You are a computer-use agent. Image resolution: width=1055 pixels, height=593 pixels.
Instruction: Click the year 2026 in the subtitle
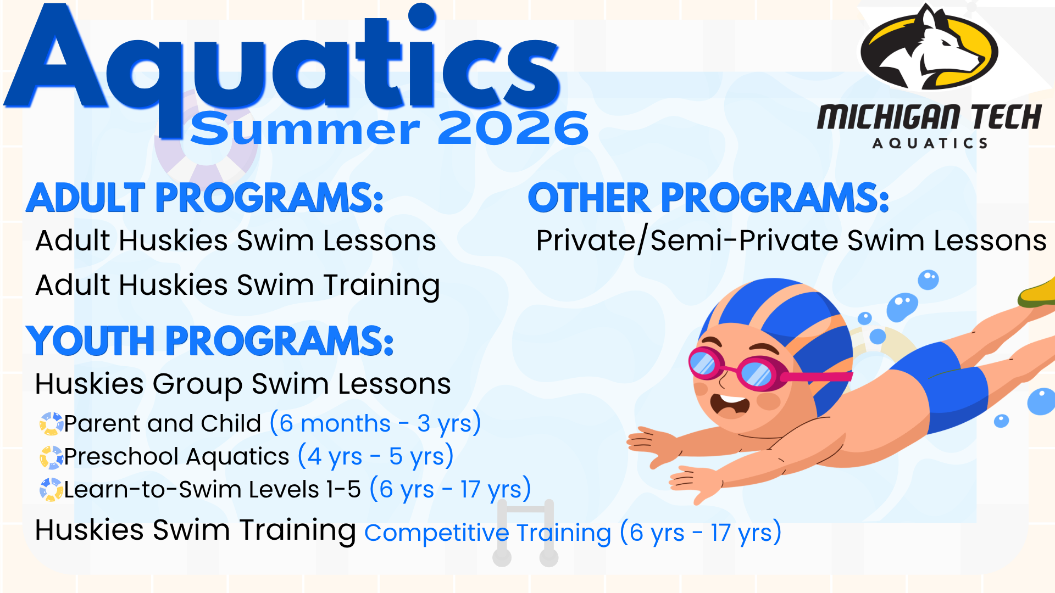click(x=513, y=128)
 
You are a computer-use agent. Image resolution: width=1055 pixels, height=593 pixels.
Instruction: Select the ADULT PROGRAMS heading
click(x=204, y=198)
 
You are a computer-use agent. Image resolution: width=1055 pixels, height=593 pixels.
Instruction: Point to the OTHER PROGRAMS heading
click(x=708, y=198)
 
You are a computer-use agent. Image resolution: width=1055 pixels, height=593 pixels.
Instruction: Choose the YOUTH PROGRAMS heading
click(x=210, y=340)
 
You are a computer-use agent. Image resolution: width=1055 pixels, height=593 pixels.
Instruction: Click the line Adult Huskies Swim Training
click(x=237, y=286)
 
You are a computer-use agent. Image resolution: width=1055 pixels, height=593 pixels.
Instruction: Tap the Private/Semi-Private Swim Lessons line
click(x=791, y=240)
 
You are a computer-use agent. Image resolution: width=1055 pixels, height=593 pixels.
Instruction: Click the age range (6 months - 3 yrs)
click(x=376, y=423)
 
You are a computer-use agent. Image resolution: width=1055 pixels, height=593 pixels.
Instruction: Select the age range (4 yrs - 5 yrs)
click(x=376, y=456)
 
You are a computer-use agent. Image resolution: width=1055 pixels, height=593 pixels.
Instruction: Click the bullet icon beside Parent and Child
click(x=51, y=423)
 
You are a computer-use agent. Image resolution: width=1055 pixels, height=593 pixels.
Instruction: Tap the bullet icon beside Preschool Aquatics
click(x=51, y=457)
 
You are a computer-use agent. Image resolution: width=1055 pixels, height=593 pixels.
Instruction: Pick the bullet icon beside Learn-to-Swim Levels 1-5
click(x=51, y=489)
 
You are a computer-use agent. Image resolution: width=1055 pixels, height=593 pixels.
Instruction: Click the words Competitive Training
click(x=487, y=533)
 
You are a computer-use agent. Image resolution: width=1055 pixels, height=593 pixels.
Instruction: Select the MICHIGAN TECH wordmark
click(x=929, y=116)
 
